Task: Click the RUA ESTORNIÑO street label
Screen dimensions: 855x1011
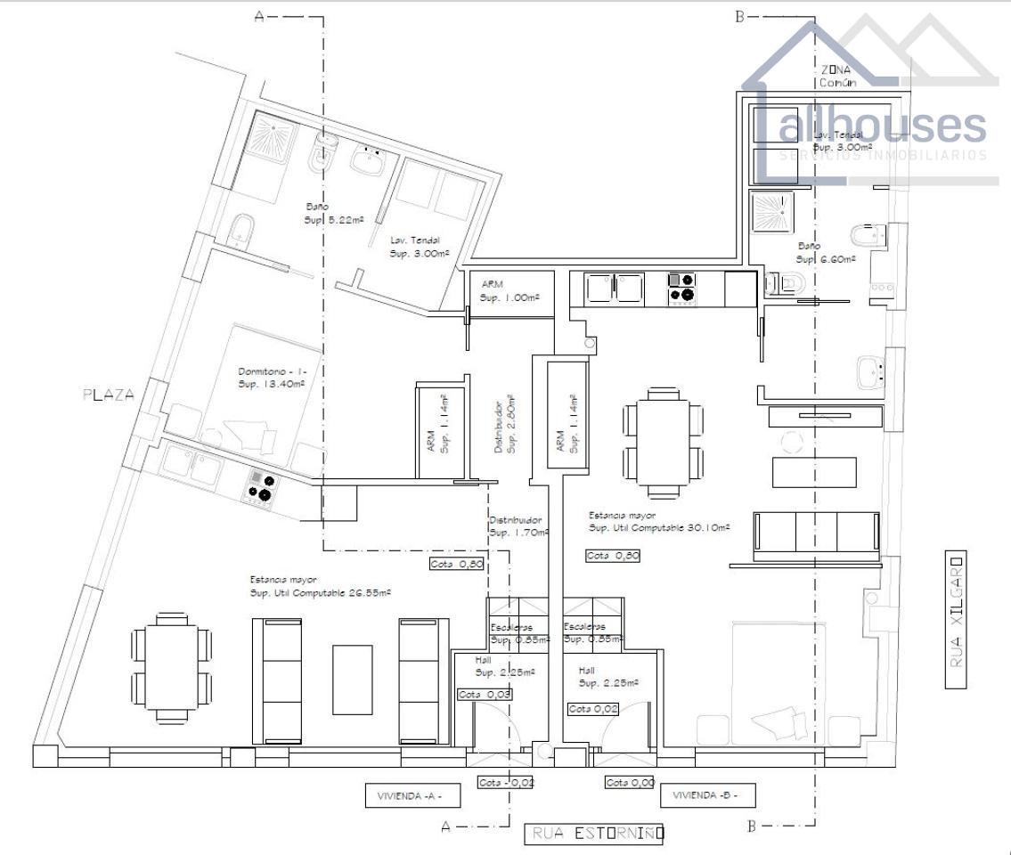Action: point(594,834)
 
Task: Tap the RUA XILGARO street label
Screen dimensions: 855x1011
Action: point(956,620)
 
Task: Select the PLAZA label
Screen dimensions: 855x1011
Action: point(109,395)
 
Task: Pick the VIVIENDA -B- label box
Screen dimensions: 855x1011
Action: point(713,794)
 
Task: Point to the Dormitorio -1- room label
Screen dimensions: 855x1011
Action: point(272,377)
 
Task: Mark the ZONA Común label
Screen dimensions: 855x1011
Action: point(837,76)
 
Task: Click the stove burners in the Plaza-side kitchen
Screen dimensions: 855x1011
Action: point(260,486)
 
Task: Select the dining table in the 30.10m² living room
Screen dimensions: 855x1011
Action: point(664,441)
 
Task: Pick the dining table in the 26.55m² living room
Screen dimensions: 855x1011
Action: point(172,665)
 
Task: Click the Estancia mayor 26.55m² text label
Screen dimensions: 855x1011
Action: point(321,585)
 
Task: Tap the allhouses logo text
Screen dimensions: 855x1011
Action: point(882,126)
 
